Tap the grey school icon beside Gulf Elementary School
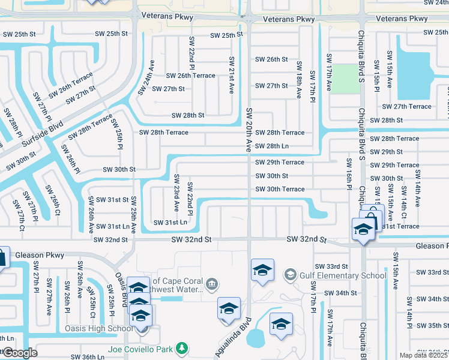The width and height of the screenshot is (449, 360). coord(291,275)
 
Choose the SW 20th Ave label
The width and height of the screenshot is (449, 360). coord(249,129)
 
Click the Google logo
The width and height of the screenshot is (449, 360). coord(20,353)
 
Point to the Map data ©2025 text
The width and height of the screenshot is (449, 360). coord(423,355)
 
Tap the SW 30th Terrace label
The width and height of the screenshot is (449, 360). coord(280,190)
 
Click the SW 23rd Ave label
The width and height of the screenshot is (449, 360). coord(176,193)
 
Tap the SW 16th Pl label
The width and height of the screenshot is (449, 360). coord(348,174)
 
